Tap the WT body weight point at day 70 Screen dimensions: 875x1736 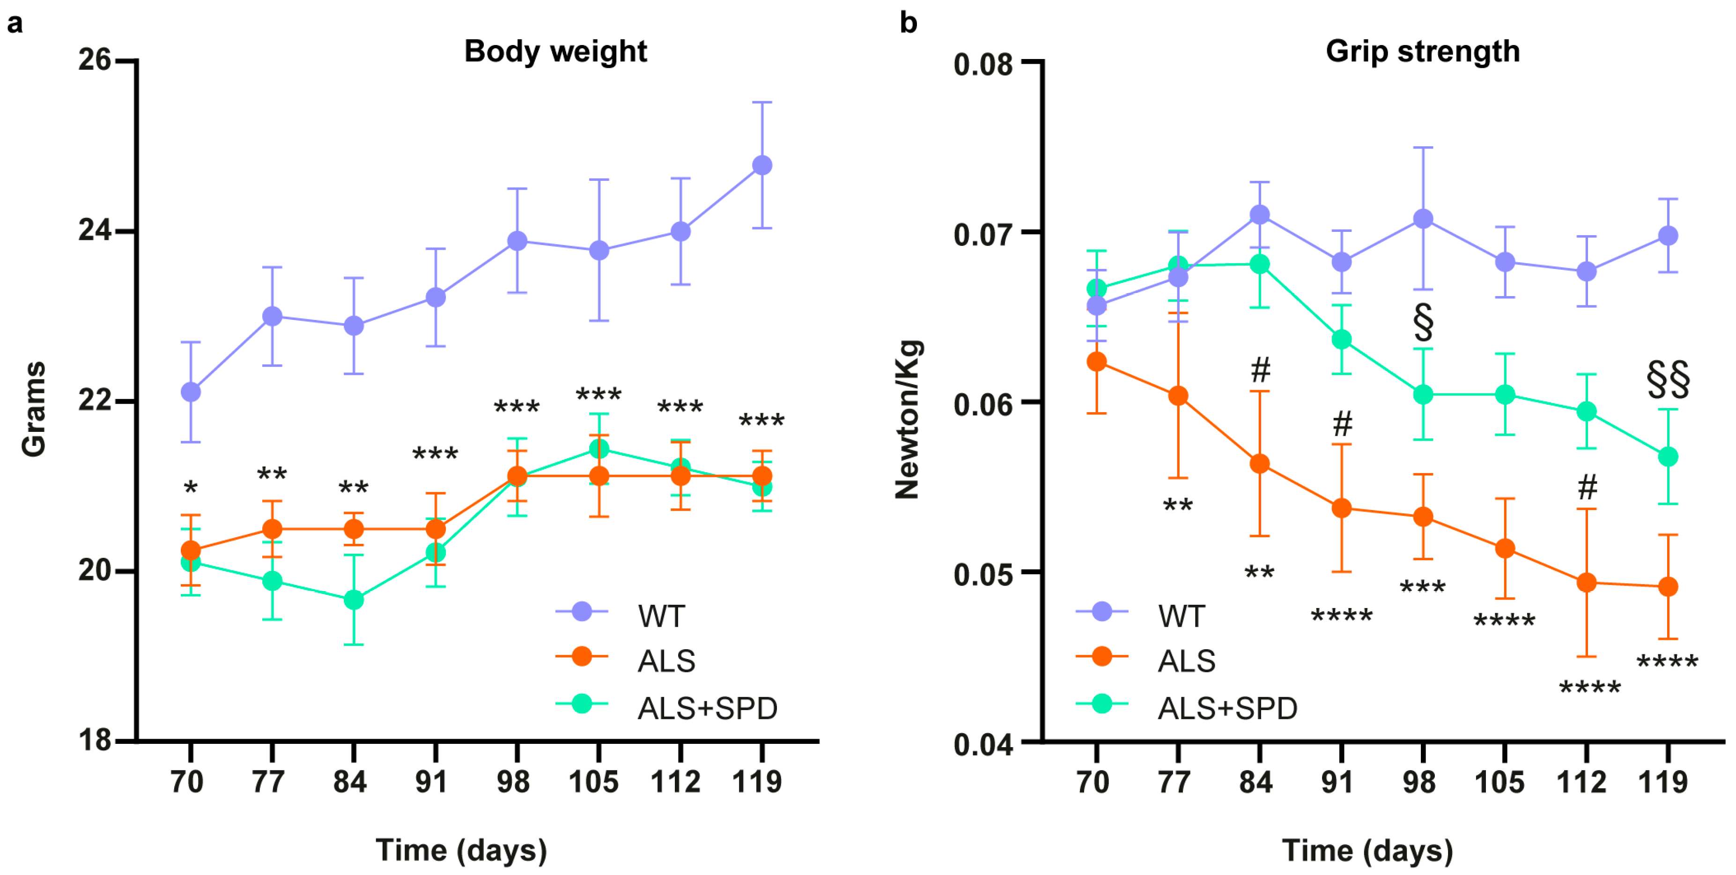pyautogui.click(x=191, y=392)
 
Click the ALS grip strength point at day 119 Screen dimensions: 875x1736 pyautogui.click(x=1667, y=586)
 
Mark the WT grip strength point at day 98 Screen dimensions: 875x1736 pyautogui.click(x=1423, y=218)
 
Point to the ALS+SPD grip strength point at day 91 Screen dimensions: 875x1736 pyautogui.click(x=1341, y=339)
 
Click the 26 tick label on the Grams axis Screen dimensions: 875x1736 pyautogui.click(x=94, y=60)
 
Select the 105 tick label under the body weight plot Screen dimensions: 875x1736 pyautogui.click(x=593, y=782)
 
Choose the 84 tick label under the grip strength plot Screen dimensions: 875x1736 pyautogui.click(x=1256, y=782)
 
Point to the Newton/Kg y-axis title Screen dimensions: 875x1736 pyautogui.click(x=907, y=419)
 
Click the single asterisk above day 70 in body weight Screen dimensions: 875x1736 pyautogui.click(x=191, y=487)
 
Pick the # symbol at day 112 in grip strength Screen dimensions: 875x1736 pyautogui.click(x=1587, y=487)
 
